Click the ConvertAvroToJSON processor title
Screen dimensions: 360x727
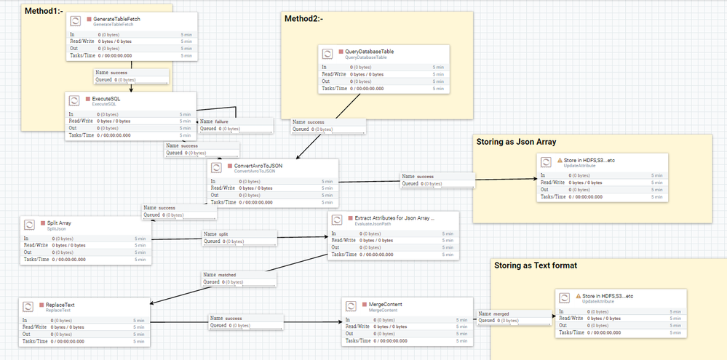click(x=258, y=166)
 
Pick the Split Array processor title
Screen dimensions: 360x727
click(x=60, y=222)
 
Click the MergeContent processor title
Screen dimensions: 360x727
click(x=381, y=304)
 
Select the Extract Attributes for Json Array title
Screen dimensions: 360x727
click(x=394, y=217)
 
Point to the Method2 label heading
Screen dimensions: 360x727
click(x=303, y=19)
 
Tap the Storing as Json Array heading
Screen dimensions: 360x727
click(x=515, y=142)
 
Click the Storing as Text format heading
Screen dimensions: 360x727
click(x=535, y=265)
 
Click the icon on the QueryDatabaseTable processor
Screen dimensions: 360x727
click(x=328, y=53)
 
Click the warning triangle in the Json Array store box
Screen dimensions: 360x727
click(x=560, y=160)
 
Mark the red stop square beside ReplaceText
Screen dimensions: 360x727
click(x=40, y=303)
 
